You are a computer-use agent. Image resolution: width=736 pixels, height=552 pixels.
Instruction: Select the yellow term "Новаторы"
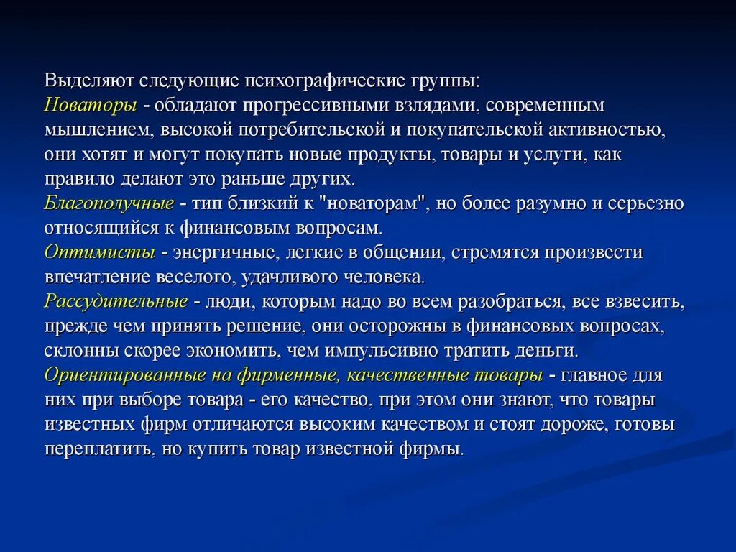[x=91, y=105]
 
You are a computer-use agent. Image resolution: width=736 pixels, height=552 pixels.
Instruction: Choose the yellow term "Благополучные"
[x=109, y=203]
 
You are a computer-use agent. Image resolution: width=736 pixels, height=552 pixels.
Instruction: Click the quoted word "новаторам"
[x=376, y=203]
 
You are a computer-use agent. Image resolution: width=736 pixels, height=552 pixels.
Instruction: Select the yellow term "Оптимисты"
[x=100, y=252]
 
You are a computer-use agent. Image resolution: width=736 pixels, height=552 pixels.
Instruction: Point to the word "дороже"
[x=575, y=424]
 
